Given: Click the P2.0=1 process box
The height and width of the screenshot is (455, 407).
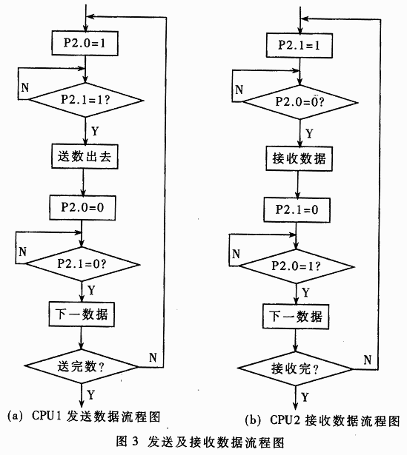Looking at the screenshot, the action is click(85, 43).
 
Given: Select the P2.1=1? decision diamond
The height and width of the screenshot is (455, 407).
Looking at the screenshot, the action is click(86, 100).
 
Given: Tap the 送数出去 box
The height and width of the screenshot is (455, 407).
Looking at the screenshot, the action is click(85, 156).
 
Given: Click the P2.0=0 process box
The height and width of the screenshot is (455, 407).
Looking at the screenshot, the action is click(82, 207).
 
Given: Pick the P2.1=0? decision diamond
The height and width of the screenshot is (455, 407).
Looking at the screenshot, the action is click(82, 264).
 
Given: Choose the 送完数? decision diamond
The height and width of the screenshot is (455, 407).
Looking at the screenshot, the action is click(81, 366).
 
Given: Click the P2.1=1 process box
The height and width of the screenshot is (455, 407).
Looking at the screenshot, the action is click(300, 45).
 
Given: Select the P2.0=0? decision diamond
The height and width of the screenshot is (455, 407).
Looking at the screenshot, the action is click(300, 102).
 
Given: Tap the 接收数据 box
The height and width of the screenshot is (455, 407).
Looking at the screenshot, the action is click(300, 158).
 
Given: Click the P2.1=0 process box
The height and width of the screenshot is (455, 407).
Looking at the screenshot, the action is click(297, 210).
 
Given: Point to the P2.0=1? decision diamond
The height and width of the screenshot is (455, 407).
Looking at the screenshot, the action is click(297, 266).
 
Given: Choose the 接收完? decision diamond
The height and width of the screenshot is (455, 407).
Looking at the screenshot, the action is click(295, 368).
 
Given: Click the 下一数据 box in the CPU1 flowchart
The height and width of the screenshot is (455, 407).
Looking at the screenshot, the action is click(82, 314).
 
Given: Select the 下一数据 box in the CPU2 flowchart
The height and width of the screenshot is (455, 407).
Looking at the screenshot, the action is click(296, 317).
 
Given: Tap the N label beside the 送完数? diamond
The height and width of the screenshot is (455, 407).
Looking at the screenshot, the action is click(153, 357).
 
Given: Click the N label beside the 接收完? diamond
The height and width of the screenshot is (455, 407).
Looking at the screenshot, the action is click(368, 360).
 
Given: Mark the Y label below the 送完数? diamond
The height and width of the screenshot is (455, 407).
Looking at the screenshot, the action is click(91, 395).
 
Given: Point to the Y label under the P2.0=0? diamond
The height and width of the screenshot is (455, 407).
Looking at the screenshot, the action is click(309, 134).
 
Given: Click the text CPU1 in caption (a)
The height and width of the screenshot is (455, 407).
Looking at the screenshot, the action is click(47, 416).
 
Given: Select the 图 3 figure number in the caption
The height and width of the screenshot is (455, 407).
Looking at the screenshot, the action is click(128, 442).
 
